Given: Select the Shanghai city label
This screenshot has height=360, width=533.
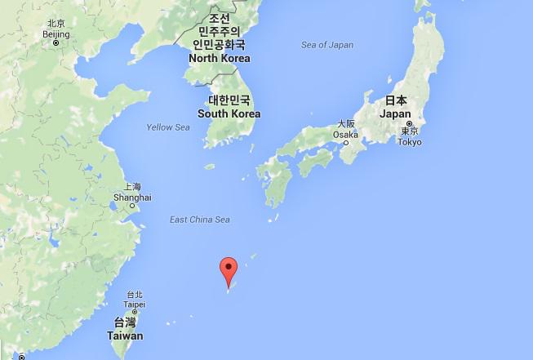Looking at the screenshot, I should pos(133,198).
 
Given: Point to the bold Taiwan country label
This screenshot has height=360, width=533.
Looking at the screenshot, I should pos(125,336).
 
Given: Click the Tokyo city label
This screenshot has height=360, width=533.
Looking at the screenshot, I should pos(409,142).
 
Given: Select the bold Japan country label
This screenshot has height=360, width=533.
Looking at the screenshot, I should pos(396,115).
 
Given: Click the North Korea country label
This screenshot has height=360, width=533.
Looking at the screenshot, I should pos(219,59).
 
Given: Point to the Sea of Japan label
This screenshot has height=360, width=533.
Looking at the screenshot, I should pos(327,45).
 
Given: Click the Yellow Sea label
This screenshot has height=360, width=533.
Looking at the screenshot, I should pos(168,127).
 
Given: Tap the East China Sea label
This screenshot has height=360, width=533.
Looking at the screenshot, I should pos(199,220).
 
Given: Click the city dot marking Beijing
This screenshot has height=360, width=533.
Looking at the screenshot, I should pos(56,43).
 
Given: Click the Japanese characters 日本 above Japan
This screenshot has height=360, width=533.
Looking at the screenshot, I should pos(396,100).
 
